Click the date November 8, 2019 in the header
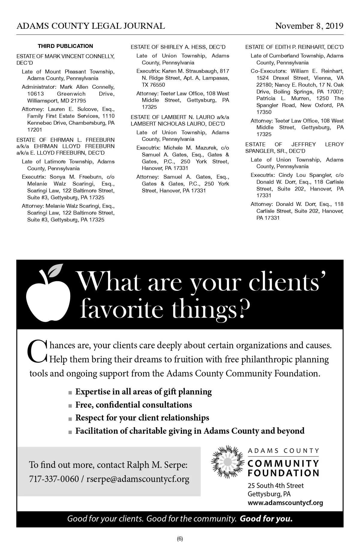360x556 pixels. tap(309, 26)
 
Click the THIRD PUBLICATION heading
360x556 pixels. tap(65, 46)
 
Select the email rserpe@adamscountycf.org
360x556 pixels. tap(138, 479)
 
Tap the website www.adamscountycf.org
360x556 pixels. tap(285, 503)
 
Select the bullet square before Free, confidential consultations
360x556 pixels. tap(70, 406)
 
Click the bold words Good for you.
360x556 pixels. tap(266, 519)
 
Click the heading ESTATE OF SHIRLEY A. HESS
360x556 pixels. tap(178, 47)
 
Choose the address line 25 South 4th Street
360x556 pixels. tap(275, 486)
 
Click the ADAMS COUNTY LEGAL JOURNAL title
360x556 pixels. tap(91, 26)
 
